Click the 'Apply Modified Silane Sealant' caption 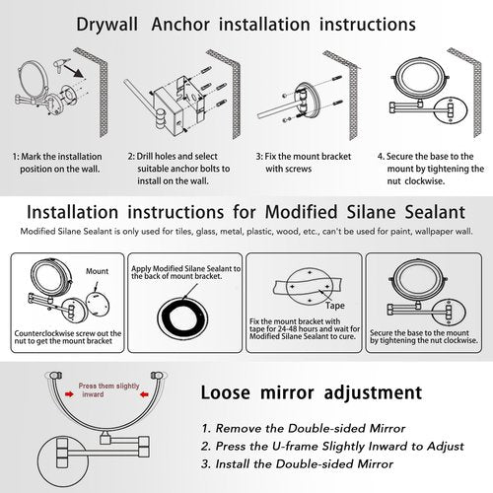(183, 273)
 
